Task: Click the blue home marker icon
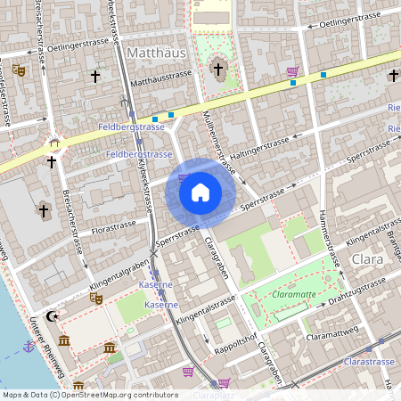pyautogui.click(x=200, y=192)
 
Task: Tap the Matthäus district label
pyautogui.click(x=157, y=53)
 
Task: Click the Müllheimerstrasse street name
pyautogui.click(x=217, y=142)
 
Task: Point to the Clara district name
pyautogui.click(x=368, y=259)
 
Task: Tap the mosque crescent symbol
pyautogui.click(x=53, y=315)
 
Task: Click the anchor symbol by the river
pyautogui.click(x=29, y=345)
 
